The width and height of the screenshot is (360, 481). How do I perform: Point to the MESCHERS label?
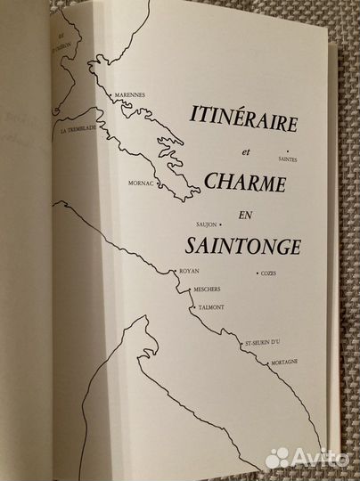click(x=201, y=290)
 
